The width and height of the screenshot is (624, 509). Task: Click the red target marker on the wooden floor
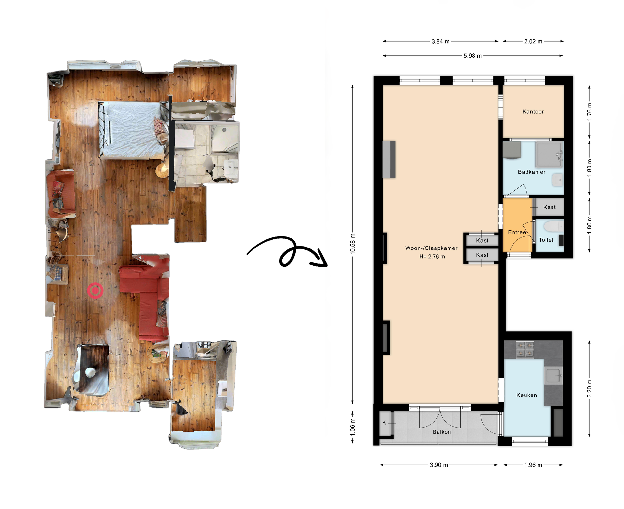tap(95, 290)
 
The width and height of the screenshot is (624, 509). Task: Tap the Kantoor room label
tap(533, 112)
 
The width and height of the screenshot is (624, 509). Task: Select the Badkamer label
tap(531, 172)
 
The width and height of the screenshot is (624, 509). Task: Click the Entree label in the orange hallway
tap(517, 232)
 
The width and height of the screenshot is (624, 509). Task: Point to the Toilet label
tap(546, 240)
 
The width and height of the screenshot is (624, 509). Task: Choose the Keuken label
tap(526, 395)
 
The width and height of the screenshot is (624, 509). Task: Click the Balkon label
tap(442, 432)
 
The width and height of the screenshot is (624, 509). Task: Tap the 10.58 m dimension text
tap(353, 244)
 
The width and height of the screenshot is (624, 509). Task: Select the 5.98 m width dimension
tap(473, 56)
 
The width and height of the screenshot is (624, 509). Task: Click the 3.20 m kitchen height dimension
tap(589, 389)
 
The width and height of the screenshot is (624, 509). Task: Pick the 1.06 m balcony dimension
tap(353, 426)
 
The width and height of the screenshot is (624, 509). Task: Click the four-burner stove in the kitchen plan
tap(525, 349)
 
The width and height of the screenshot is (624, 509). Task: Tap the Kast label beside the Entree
tap(549, 207)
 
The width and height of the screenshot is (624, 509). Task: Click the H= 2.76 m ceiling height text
tap(432, 257)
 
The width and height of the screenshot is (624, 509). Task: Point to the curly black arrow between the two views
tap(288, 252)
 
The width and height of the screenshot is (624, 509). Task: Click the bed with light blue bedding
tap(132, 130)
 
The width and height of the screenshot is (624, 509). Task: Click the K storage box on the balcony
tap(384, 423)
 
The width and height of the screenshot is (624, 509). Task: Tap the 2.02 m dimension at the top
tap(533, 42)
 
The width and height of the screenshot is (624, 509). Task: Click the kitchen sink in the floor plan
tap(553, 376)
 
